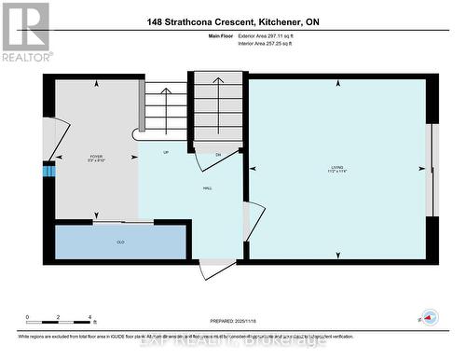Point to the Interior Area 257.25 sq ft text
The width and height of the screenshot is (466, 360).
tap(272, 44)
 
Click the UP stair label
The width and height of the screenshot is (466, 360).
tap(166, 152)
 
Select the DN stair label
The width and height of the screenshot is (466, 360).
tap(218, 155)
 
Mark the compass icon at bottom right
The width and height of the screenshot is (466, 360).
tap(430, 317)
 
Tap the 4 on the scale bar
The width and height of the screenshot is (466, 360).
tap(89, 318)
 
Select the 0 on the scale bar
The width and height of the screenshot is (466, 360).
tap(27, 318)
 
